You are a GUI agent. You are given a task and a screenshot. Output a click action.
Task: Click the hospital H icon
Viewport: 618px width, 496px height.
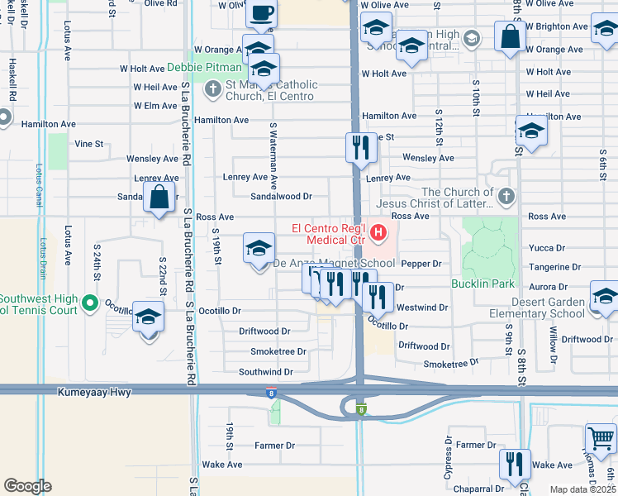pyautogui.click(x=378, y=234)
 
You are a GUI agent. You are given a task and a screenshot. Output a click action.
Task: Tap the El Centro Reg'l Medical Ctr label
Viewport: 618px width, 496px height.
pyautogui.click(x=327, y=234)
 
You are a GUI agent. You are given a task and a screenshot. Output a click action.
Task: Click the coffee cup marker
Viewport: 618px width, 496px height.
pyautogui.click(x=262, y=13)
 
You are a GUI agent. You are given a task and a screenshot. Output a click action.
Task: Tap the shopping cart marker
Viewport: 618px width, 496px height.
pyautogui.click(x=601, y=437)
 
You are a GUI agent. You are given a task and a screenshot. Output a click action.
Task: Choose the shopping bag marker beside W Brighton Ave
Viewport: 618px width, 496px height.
pyautogui.click(x=511, y=36)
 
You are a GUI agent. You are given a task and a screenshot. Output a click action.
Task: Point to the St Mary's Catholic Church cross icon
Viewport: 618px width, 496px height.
pyautogui.click(x=212, y=88)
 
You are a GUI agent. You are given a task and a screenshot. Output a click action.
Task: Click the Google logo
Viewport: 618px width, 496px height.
pyautogui.click(x=27, y=486)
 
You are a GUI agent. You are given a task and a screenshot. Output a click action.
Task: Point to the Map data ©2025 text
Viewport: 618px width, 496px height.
pyautogui.click(x=583, y=489)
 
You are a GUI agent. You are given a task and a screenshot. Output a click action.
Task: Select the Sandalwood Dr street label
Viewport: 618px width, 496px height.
pyautogui.click(x=281, y=197)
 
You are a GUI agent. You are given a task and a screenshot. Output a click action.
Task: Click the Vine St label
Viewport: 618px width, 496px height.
pyautogui.click(x=88, y=143)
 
